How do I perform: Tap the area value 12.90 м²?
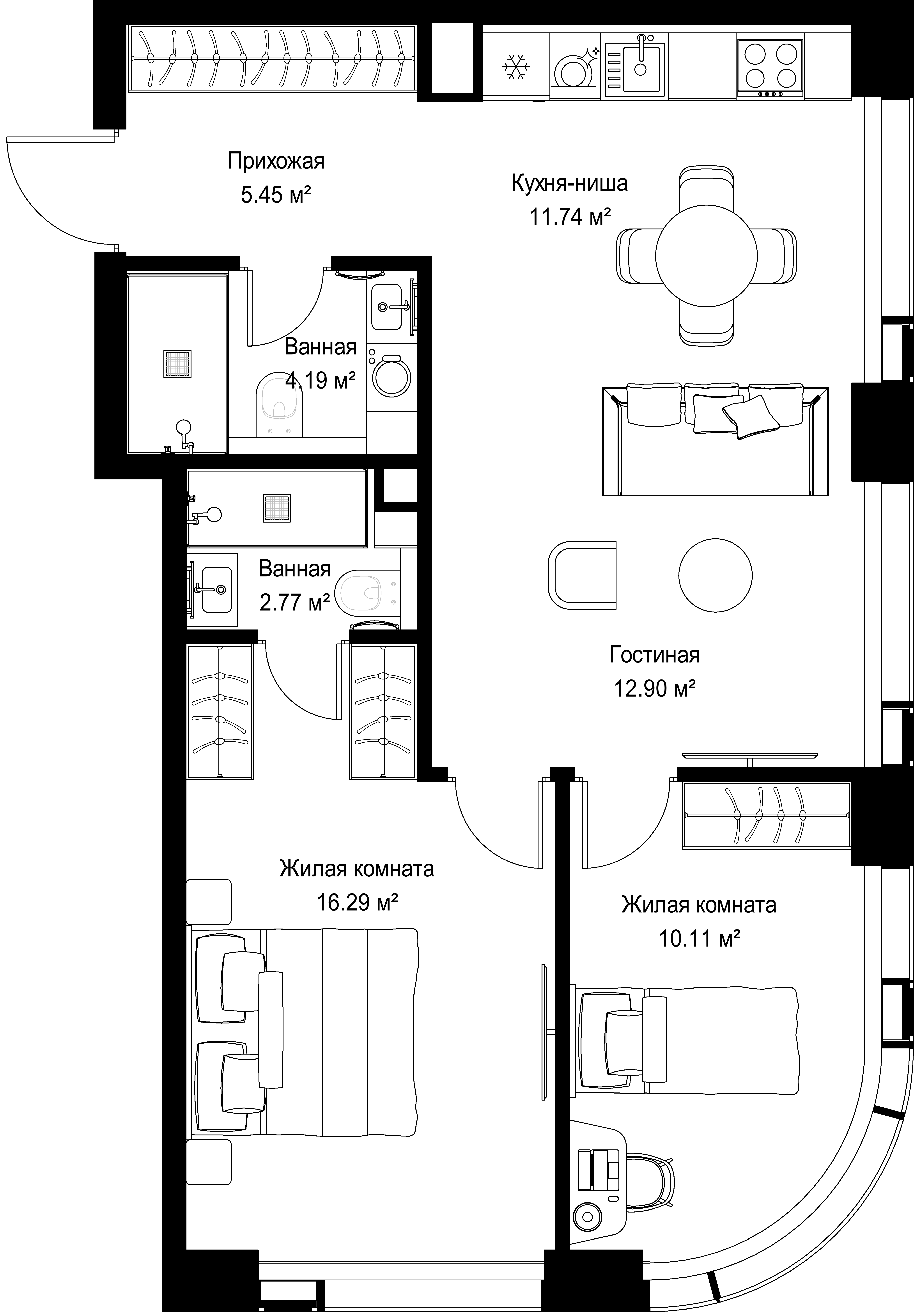pyautogui.click(x=655, y=689)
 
